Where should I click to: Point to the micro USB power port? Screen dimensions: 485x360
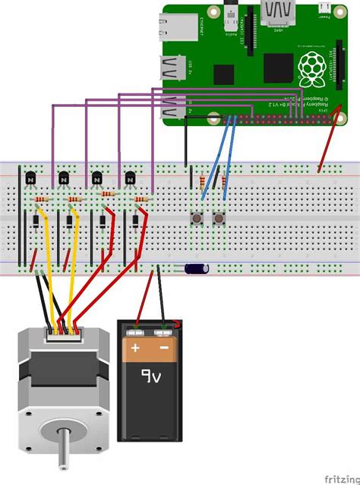(x=325, y=9)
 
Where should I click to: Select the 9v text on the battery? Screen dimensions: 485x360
(x=150, y=376)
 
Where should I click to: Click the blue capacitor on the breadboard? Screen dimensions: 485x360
(x=196, y=268)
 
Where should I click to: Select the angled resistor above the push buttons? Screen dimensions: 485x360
(x=201, y=183)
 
